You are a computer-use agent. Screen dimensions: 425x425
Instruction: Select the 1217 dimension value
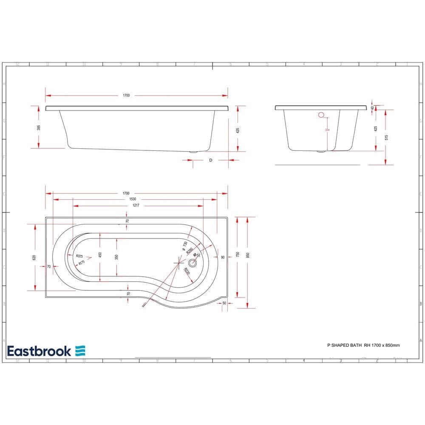point(136,205)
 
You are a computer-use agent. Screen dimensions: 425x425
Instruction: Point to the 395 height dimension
point(38,127)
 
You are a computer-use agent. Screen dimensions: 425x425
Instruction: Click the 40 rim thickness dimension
point(372,108)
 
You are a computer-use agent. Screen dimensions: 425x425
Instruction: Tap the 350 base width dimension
point(116,256)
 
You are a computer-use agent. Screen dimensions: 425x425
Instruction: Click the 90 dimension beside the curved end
point(222,257)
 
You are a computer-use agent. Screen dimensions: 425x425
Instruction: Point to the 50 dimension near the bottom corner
point(224,303)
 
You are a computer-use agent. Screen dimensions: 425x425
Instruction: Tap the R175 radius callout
point(81,263)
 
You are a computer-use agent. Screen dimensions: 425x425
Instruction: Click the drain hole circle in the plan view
point(193,262)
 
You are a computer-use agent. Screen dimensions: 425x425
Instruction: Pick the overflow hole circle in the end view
point(321,114)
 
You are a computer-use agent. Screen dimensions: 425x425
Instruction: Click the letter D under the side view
point(210,160)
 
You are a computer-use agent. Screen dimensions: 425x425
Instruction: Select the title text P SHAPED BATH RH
point(343,345)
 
